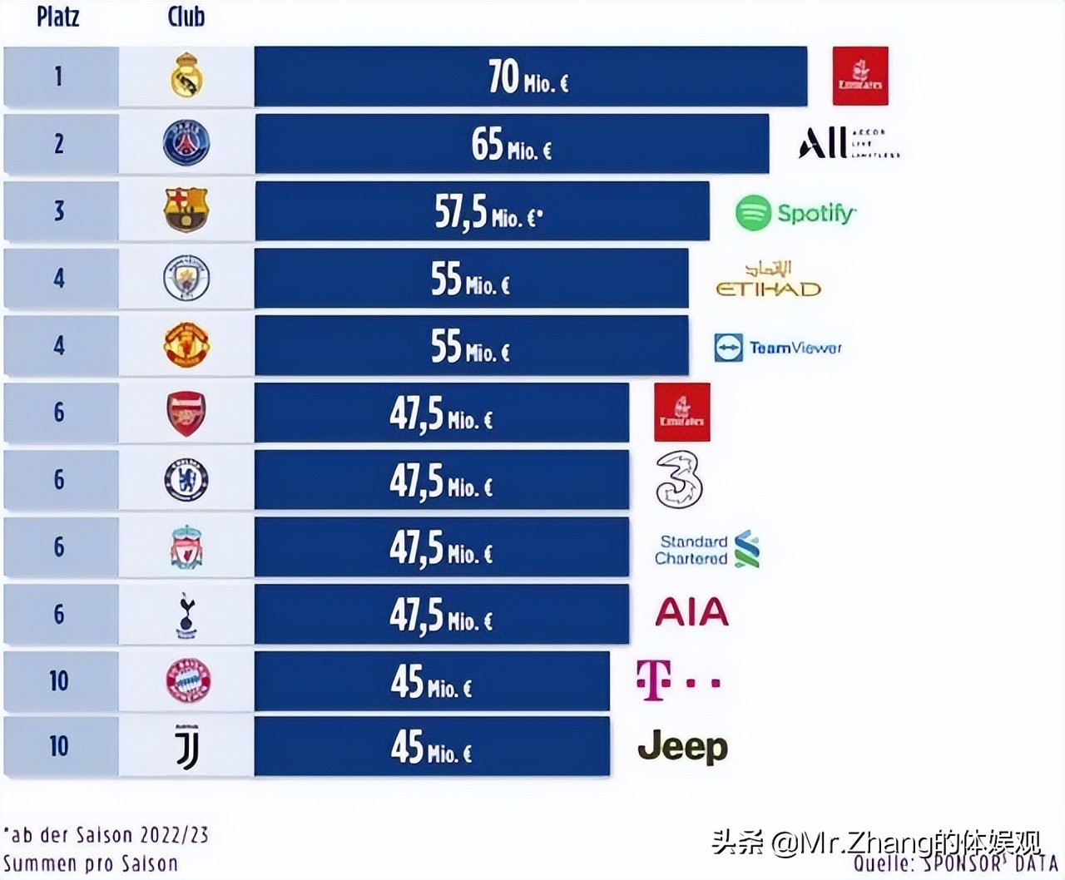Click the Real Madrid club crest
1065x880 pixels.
[x=186, y=76]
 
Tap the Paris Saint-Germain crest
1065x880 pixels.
[x=186, y=143]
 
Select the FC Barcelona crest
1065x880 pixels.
[x=186, y=210]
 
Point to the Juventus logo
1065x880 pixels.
[x=186, y=746]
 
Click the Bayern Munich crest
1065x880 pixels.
[x=188, y=680]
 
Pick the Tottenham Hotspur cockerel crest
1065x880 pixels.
[x=186, y=616]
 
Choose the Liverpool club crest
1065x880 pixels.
[x=186, y=547]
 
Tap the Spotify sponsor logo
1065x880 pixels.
[x=795, y=213]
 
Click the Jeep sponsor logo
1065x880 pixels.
[x=682, y=747]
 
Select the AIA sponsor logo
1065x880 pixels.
[x=691, y=613]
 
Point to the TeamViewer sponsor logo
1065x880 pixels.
[x=778, y=348]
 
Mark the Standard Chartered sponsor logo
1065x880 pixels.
[x=706, y=550]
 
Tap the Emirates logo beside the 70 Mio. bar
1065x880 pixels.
[x=860, y=77]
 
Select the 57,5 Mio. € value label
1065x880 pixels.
[x=488, y=213]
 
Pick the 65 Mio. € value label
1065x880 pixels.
[x=511, y=145]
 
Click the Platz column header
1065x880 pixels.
[x=58, y=16]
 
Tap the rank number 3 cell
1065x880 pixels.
[x=59, y=211]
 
